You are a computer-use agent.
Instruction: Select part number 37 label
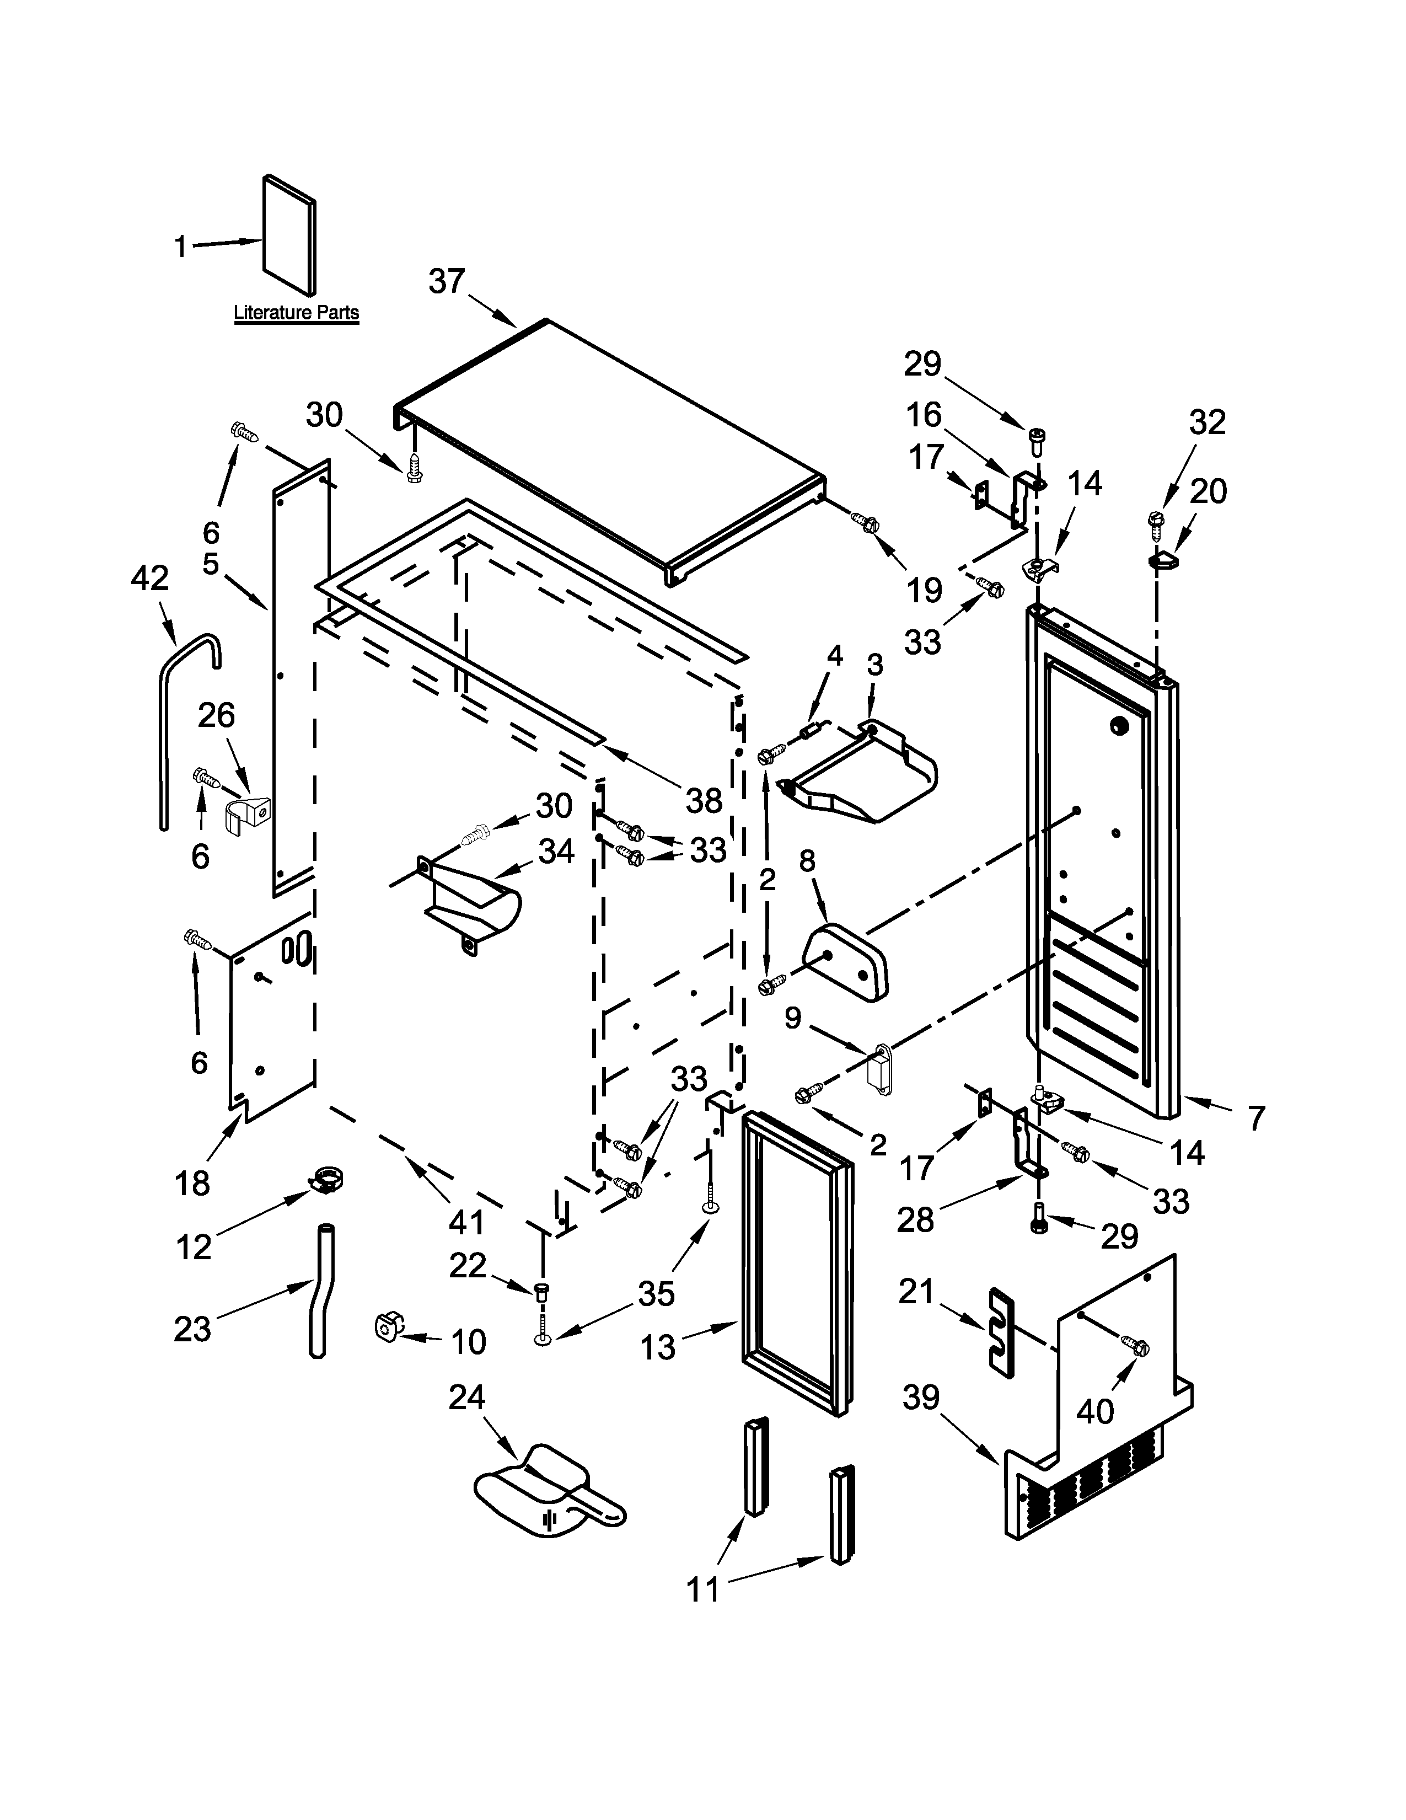(x=447, y=282)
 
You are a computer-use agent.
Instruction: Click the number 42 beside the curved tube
(x=150, y=579)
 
